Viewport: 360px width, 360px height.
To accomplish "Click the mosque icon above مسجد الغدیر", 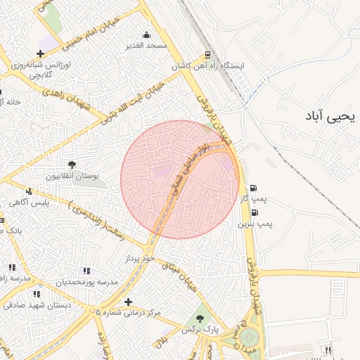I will pyautogui.click(x=146, y=34).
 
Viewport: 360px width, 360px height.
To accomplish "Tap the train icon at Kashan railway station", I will pyautogui.click(x=207, y=55).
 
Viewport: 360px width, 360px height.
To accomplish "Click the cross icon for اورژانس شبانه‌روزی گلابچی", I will pyautogui.click(x=41, y=53).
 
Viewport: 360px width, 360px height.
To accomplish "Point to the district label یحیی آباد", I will pyautogui.click(x=331, y=116).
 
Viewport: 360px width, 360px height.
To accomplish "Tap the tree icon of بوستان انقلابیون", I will pyautogui.click(x=73, y=165).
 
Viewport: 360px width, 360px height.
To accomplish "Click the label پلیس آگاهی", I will pyautogui.click(x=28, y=202).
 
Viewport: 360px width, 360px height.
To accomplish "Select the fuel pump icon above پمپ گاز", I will pyautogui.click(x=252, y=188).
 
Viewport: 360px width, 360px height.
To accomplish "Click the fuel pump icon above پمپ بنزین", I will pyautogui.click(x=252, y=212).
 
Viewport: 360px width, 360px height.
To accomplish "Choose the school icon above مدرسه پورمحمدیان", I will pyautogui.click(x=86, y=270).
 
